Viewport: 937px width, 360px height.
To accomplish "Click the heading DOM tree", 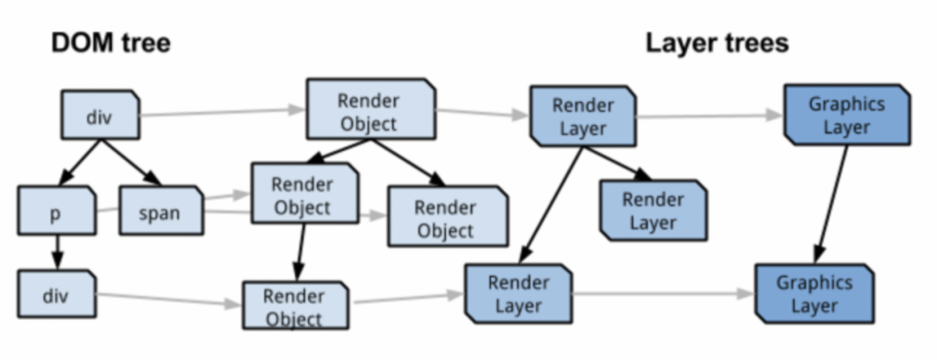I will click(109, 42).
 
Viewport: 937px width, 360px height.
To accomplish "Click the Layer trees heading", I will click(717, 43).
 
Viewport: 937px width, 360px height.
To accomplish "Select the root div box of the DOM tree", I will click(100, 115).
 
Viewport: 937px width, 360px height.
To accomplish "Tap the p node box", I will click(55, 212).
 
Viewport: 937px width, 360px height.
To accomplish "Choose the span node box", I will click(160, 210).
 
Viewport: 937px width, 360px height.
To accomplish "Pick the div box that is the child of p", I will click(56, 294).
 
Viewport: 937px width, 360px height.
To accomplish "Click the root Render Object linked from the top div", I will click(369, 110).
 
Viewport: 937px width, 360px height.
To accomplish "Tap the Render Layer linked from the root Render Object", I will click(582, 116).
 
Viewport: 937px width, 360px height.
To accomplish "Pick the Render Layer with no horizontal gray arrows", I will click(652, 211).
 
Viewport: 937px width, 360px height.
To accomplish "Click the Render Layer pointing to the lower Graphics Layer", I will click(518, 293).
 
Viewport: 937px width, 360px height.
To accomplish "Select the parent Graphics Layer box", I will click(846, 115).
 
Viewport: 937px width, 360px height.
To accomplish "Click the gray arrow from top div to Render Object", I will click(221, 112).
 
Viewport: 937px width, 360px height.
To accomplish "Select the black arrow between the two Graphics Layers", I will click(830, 204).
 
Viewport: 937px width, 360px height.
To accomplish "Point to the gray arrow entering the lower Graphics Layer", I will click(664, 294).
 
